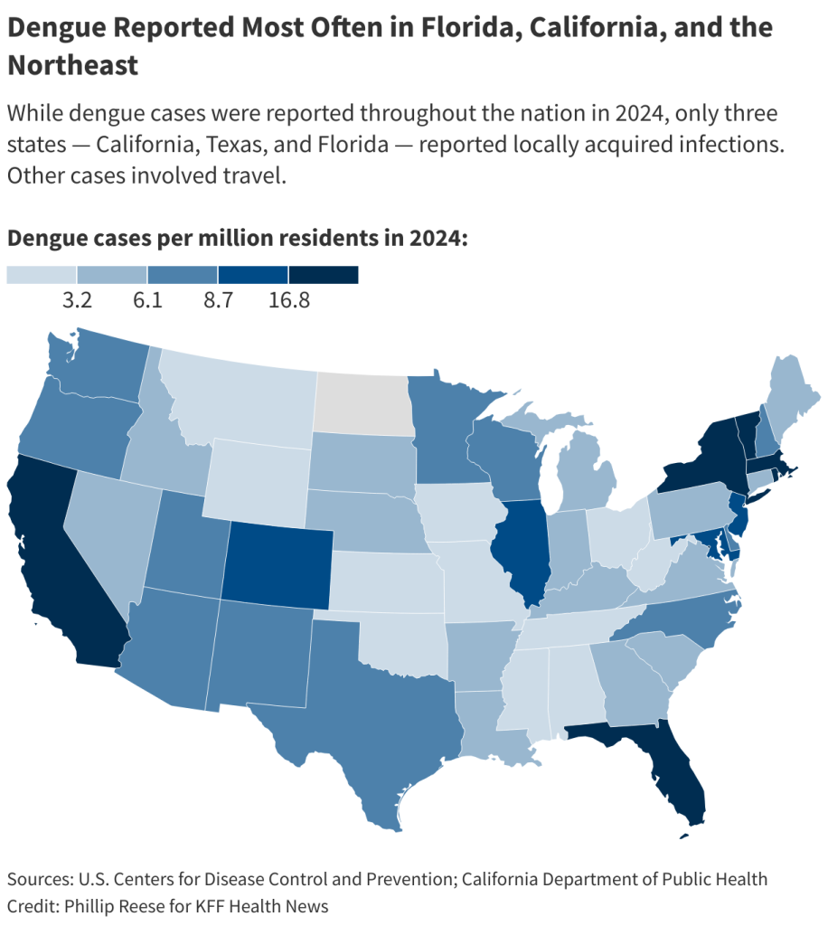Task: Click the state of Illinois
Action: coord(523,553)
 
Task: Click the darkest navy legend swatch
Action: coord(324,275)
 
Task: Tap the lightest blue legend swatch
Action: coord(42,275)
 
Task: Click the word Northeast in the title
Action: coord(73,65)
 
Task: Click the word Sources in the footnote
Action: coord(39,879)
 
